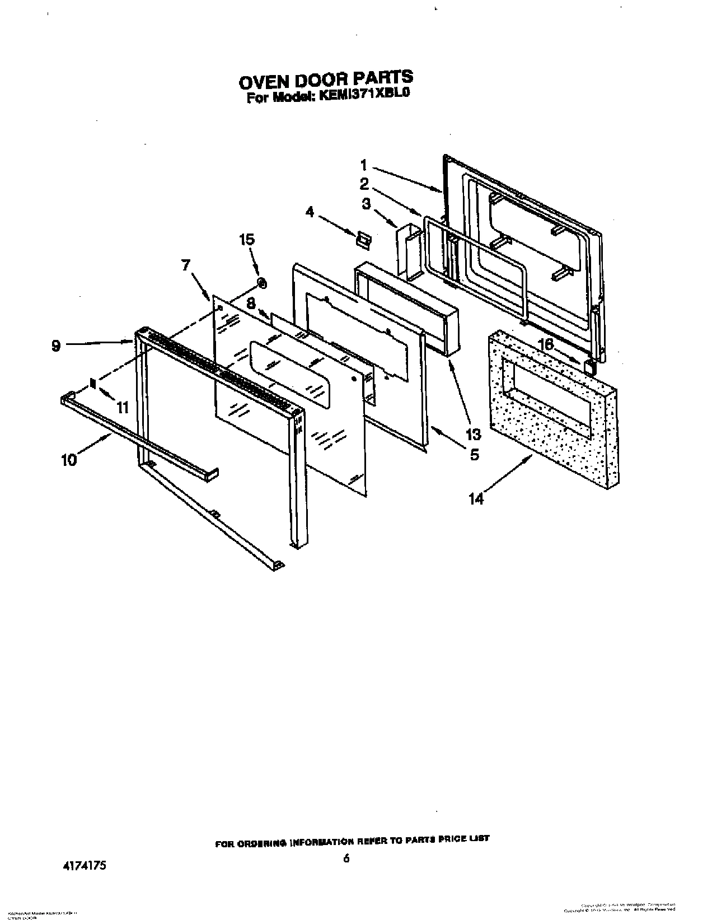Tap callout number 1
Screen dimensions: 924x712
(x=364, y=165)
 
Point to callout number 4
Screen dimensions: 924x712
(x=310, y=212)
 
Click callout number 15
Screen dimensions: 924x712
(x=247, y=240)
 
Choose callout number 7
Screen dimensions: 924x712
(x=186, y=265)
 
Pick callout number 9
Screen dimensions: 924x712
(x=56, y=346)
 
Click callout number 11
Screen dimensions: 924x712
(x=123, y=407)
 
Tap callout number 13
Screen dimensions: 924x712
(x=473, y=435)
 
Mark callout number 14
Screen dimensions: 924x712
(x=476, y=498)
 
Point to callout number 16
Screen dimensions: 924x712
(x=546, y=344)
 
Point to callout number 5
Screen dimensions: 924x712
(x=474, y=455)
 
